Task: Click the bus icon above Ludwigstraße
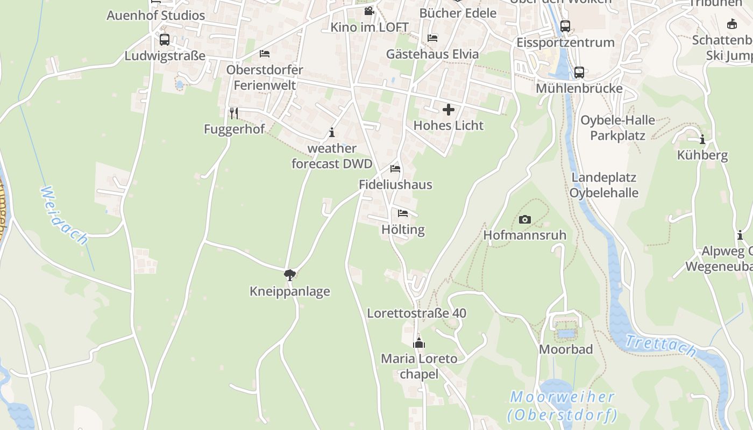(165, 40)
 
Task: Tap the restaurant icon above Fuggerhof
(234, 113)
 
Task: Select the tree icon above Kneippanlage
(290, 275)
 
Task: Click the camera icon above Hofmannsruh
(525, 219)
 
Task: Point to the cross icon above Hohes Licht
(449, 110)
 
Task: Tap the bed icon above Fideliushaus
(395, 169)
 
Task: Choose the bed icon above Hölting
(403, 213)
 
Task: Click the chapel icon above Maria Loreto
(419, 343)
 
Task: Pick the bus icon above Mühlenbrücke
(579, 73)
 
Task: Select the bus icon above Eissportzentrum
(565, 26)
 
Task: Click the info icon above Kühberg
(702, 140)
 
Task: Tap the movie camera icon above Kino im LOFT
(369, 11)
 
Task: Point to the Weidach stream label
(64, 216)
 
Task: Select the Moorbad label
(566, 349)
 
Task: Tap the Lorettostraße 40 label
(416, 313)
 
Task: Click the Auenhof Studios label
(156, 15)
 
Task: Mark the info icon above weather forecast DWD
(332, 132)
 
